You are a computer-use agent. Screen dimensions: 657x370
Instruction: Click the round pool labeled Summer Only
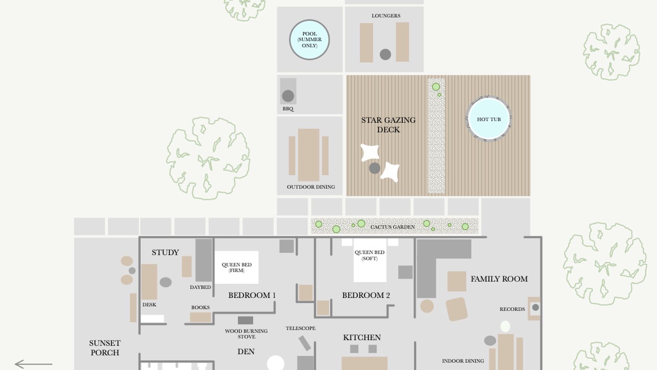(310, 40)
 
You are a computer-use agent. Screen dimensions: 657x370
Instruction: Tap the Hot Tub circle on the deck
(489, 119)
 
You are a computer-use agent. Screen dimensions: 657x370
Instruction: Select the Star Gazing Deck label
(389, 125)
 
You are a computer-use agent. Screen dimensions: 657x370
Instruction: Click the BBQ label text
(288, 108)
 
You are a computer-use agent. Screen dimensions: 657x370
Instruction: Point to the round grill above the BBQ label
(288, 96)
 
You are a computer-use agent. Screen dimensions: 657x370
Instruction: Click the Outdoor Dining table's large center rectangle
(308, 155)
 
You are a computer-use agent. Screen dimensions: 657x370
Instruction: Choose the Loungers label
(386, 15)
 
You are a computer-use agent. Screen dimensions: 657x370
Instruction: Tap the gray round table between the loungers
(385, 54)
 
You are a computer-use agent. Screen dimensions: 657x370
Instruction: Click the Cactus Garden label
(393, 227)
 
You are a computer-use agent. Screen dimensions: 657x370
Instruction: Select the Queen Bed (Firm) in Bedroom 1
(237, 267)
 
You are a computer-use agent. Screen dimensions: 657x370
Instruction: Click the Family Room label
(499, 279)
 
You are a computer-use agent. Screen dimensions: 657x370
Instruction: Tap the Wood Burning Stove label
(246, 334)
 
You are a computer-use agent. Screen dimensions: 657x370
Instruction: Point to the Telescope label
(301, 328)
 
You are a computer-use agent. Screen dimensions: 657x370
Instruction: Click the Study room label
(165, 252)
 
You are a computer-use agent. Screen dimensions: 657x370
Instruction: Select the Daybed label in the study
(200, 287)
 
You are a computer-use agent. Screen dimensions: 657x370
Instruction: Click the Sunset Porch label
(105, 348)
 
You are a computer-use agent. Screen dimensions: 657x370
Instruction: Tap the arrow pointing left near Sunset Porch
(33, 364)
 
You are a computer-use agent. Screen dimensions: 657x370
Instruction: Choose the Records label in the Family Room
(512, 309)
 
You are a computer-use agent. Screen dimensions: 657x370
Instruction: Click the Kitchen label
(362, 338)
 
